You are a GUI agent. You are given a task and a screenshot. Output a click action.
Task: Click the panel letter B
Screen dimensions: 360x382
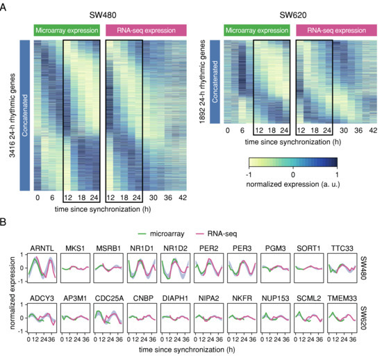(x=5, y=224)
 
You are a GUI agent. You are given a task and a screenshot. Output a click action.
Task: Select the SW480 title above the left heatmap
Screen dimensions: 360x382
(x=111, y=14)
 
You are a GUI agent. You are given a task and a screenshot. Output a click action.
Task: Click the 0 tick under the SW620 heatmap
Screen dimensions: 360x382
(x=228, y=130)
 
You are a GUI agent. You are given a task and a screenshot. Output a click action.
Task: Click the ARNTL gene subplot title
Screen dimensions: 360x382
(x=42, y=247)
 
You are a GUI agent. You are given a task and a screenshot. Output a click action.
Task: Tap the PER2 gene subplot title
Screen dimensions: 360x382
(x=208, y=247)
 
